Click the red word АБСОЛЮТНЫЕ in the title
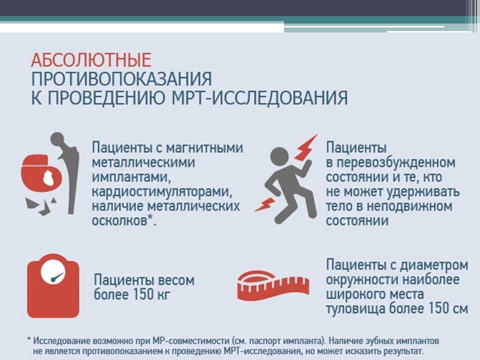point(91,60)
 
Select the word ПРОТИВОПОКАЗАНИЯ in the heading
point(121,79)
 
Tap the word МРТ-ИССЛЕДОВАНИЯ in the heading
point(259,98)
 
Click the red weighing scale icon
point(53,285)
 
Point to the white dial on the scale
point(53,272)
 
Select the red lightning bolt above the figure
point(306,147)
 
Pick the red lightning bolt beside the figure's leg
point(265,204)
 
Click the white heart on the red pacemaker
point(48,178)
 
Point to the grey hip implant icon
point(66,172)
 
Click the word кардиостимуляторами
point(162,192)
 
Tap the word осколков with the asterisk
point(123,220)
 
